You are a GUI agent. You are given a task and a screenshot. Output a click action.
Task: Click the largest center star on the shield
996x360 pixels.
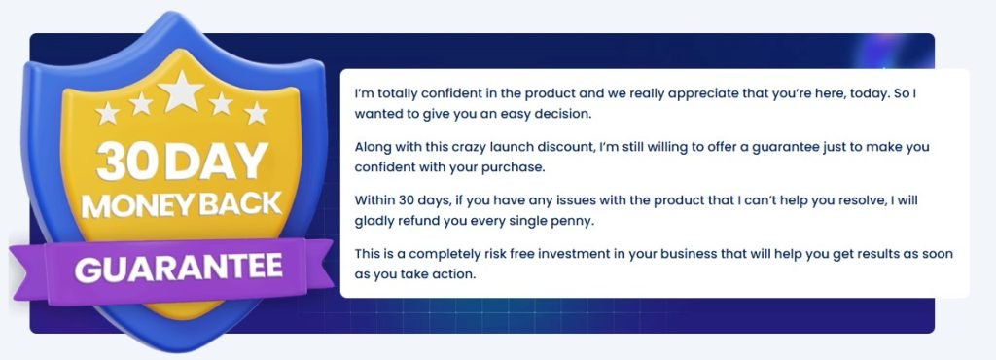click(x=181, y=91)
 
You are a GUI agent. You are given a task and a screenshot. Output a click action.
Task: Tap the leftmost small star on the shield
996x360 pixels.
click(x=108, y=113)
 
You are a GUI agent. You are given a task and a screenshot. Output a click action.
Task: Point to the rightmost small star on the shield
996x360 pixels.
click(x=256, y=113)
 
